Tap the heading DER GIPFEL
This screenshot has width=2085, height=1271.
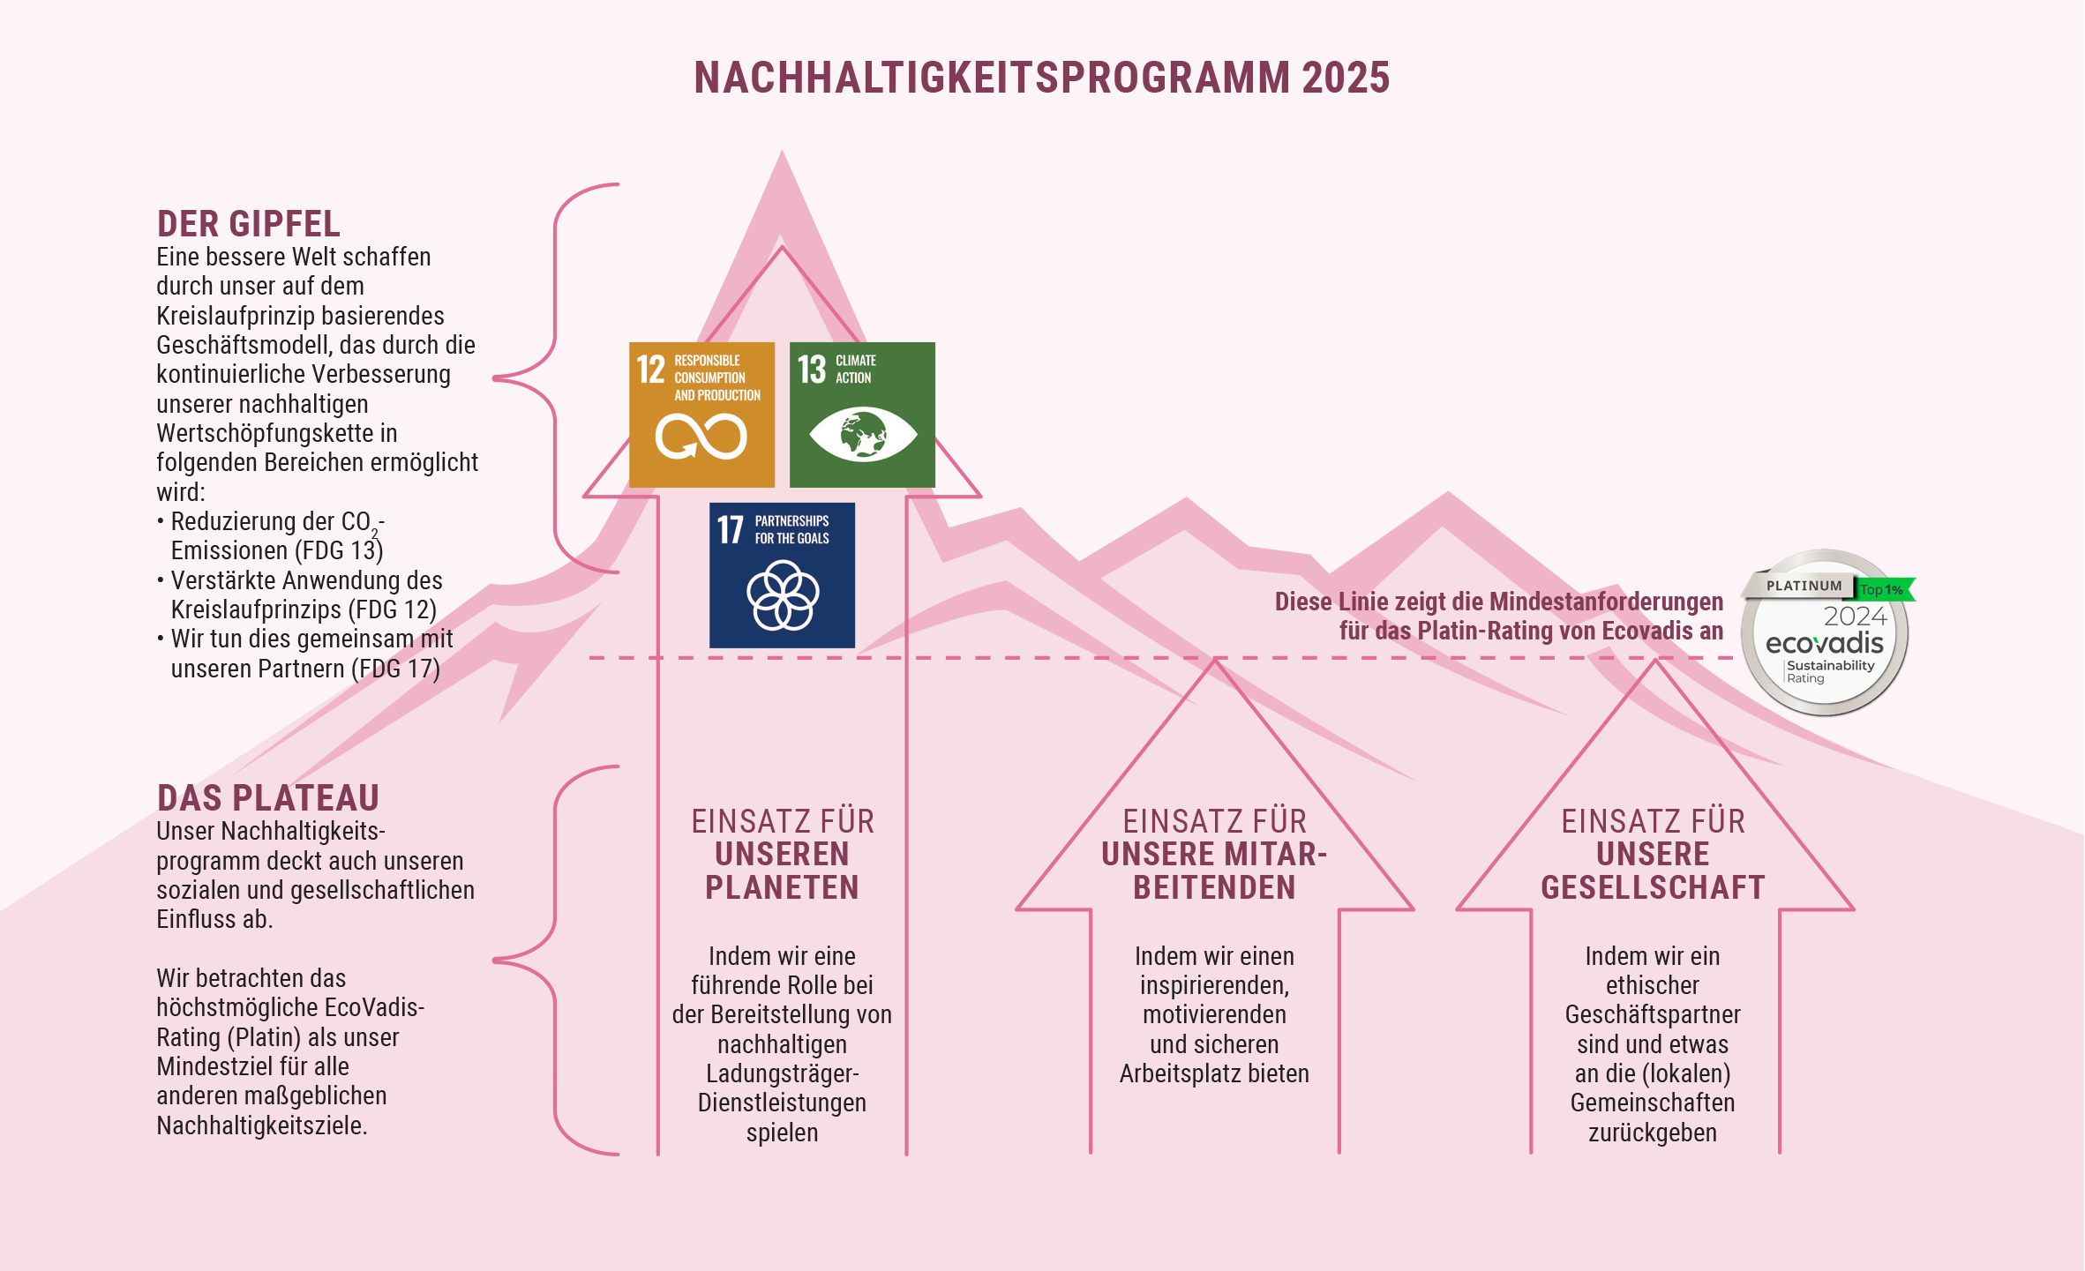point(248,224)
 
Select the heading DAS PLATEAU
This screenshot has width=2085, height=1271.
point(268,798)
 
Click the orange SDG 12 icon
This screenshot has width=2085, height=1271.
point(701,415)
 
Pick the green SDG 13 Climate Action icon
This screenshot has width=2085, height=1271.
point(862,415)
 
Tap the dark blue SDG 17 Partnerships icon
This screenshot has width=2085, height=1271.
point(782,575)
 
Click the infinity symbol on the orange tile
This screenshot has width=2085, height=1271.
point(701,437)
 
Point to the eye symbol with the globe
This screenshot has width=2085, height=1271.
point(863,434)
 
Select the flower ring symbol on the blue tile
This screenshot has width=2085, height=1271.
point(783,595)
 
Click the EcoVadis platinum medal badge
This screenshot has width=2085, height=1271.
point(1825,632)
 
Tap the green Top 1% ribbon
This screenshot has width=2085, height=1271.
point(1884,589)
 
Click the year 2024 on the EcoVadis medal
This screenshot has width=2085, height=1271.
point(1855,616)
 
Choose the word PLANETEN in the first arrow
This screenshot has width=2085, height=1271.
point(782,887)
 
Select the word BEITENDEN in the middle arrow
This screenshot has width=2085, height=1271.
point(1214,887)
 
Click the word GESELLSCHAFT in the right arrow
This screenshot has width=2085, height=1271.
point(1653,887)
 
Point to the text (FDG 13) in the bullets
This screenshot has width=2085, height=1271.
point(339,550)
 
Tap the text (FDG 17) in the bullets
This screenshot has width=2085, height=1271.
point(395,669)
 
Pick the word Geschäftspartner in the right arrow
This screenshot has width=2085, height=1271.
point(1653,1015)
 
